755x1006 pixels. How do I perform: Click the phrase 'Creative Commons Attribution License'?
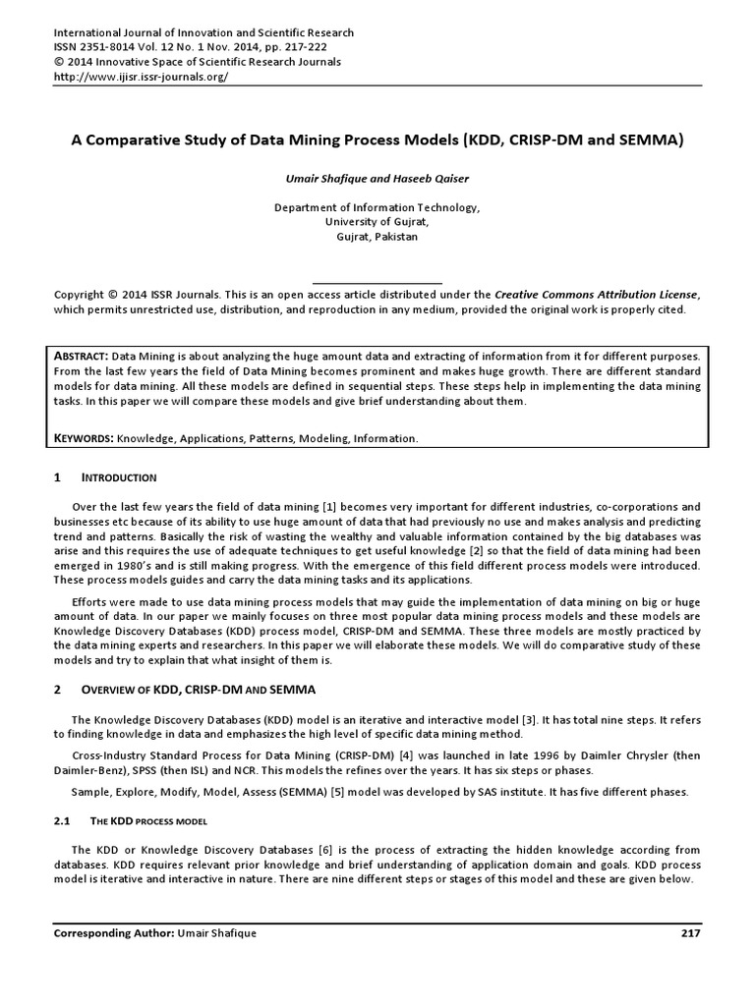[597, 294]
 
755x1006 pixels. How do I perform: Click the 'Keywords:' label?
[87, 437]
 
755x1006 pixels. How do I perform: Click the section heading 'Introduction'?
[118, 477]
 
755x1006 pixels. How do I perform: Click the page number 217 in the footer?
[689, 933]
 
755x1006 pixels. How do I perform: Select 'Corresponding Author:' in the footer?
[112, 933]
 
